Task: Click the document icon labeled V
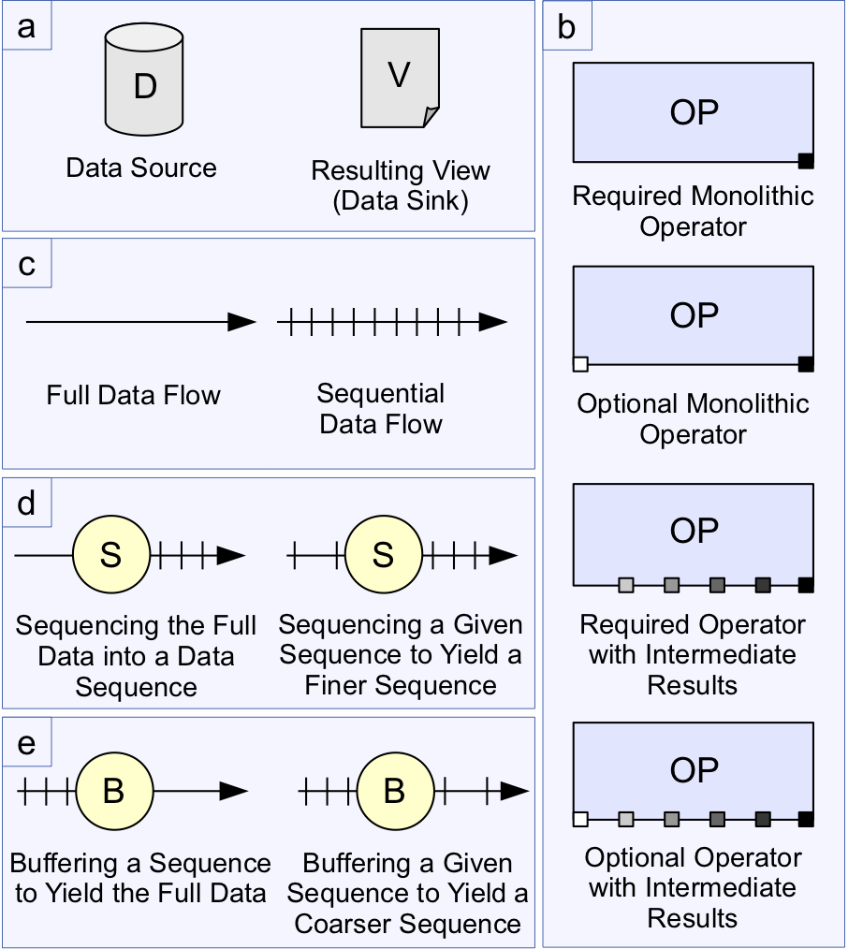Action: [x=400, y=78]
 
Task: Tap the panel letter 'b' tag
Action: [x=567, y=27]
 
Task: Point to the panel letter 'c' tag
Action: [x=27, y=264]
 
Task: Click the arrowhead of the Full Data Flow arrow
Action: [x=241, y=322]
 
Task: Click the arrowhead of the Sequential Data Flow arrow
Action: [x=492, y=322]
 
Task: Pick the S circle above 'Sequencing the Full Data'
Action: [x=110, y=555]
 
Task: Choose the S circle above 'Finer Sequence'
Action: [x=384, y=555]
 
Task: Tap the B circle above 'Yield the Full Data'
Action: [x=114, y=792]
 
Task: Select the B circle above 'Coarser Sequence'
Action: [x=394, y=792]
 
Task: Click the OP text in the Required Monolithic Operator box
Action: [x=694, y=112]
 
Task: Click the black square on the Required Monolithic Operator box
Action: [x=806, y=161]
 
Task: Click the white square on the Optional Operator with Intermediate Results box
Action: [x=580, y=820]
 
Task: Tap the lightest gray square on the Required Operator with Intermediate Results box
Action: [x=626, y=586]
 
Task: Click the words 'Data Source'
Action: [x=141, y=168]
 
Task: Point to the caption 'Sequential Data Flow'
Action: [x=381, y=409]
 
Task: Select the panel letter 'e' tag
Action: [x=27, y=743]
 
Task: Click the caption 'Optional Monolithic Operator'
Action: [x=694, y=419]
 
